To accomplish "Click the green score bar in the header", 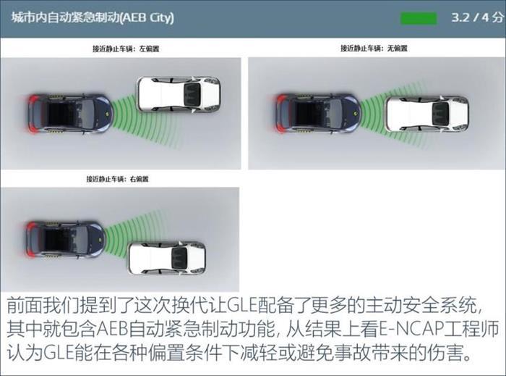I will pyautogui.click(x=421, y=17).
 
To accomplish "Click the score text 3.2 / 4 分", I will pyautogui.click(x=473, y=17).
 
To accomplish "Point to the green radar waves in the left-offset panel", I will pyautogui.click(x=124, y=107).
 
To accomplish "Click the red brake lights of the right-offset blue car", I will pyautogui.click(x=29, y=236).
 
